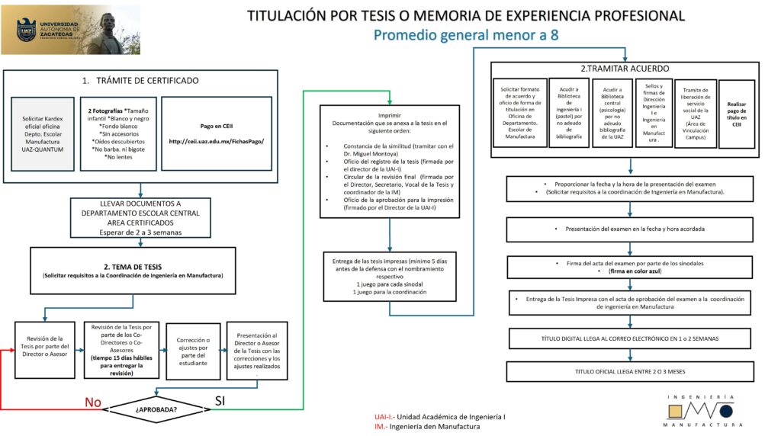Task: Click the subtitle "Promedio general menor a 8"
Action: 465,35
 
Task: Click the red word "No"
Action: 92,402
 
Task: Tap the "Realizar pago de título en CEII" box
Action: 737,114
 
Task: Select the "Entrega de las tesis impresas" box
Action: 390,275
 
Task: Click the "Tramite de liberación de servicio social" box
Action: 696,114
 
